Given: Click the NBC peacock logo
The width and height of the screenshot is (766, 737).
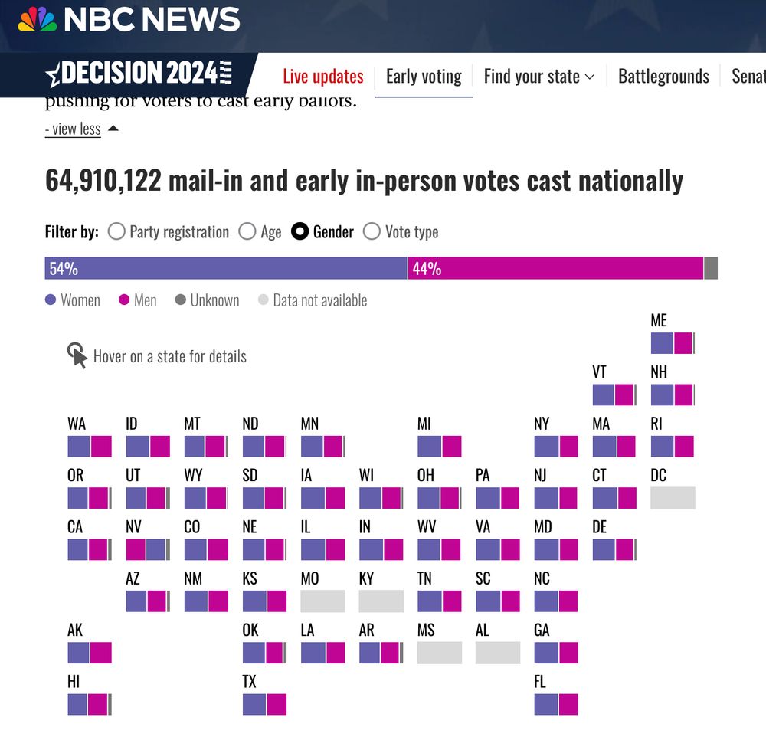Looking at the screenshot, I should click(38, 19).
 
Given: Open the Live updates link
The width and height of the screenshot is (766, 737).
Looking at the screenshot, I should click(323, 77).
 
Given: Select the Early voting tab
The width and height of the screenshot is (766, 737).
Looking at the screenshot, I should click(424, 77).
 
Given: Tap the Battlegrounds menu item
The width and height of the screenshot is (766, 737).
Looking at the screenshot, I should click(663, 77).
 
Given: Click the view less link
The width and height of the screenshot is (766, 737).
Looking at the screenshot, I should click(73, 129).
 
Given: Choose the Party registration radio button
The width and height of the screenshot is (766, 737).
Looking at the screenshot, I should click(116, 231).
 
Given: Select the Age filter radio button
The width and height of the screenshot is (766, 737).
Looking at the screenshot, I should click(247, 231).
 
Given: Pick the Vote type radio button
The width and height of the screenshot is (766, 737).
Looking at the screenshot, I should click(372, 231).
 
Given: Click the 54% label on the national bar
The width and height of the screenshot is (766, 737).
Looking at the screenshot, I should click(64, 269).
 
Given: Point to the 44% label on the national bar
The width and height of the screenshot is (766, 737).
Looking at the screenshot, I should click(427, 269).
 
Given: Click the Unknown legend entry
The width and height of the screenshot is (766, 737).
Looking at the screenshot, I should click(207, 300).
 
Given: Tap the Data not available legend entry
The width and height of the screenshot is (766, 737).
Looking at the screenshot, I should click(312, 300).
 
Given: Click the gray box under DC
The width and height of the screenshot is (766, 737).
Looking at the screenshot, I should click(673, 498).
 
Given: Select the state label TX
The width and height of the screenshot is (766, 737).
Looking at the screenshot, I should click(250, 682).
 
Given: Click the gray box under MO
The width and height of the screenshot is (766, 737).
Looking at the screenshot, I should click(322, 601).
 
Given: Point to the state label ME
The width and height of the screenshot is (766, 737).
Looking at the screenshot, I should click(659, 321).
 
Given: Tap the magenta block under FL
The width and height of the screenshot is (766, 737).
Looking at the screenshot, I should click(568, 704).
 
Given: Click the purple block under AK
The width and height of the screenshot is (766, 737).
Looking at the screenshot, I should click(78, 653).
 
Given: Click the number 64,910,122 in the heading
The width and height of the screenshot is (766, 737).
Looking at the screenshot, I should click(103, 181).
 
